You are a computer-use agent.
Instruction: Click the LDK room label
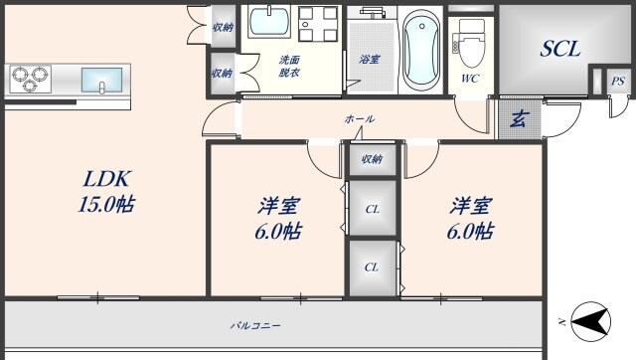click(106, 180)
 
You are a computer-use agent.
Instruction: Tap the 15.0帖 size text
click(106, 205)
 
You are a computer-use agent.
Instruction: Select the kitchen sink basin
click(101, 79)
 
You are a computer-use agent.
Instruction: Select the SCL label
click(559, 48)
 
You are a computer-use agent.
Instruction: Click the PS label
click(618, 82)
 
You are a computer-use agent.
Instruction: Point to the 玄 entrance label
click(518, 121)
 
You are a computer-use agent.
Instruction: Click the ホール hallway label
click(360, 119)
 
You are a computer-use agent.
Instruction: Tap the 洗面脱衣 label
click(289, 67)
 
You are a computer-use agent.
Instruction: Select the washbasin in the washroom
click(266, 22)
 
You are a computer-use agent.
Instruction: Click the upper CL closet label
click(372, 209)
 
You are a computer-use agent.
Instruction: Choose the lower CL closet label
click(372, 267)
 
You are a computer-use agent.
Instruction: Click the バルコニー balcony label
click(255, 325)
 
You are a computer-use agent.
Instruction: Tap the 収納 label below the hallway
click(373, 158)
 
